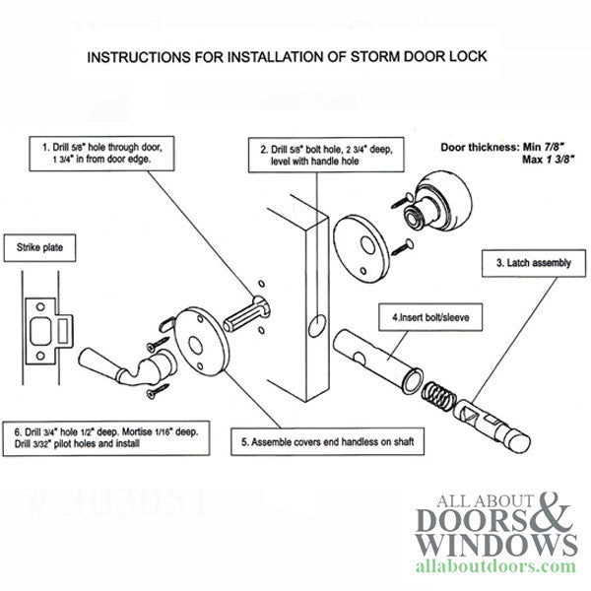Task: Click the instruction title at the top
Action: (295, 57)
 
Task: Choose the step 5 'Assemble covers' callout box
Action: (322, 440)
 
